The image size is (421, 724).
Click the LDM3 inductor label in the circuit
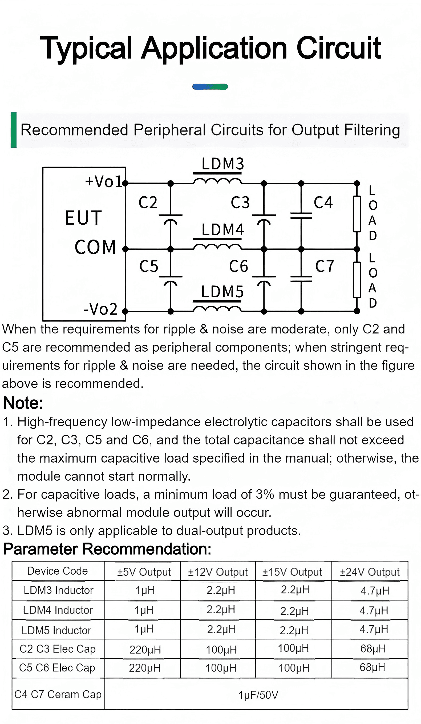223,164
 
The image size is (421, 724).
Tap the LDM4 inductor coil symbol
217,247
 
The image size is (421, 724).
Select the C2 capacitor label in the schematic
148,202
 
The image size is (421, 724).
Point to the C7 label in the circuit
324,266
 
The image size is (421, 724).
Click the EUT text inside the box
83,217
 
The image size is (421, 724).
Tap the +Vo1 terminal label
104,181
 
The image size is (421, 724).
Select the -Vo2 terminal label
100,309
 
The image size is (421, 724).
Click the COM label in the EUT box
95,247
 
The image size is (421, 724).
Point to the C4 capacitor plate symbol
301,216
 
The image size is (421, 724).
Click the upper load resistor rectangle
357,214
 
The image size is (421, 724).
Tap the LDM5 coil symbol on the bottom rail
217,309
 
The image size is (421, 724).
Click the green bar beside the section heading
14,130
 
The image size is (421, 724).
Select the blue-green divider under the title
210,87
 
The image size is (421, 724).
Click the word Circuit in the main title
339,48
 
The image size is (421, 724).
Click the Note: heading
23,403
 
